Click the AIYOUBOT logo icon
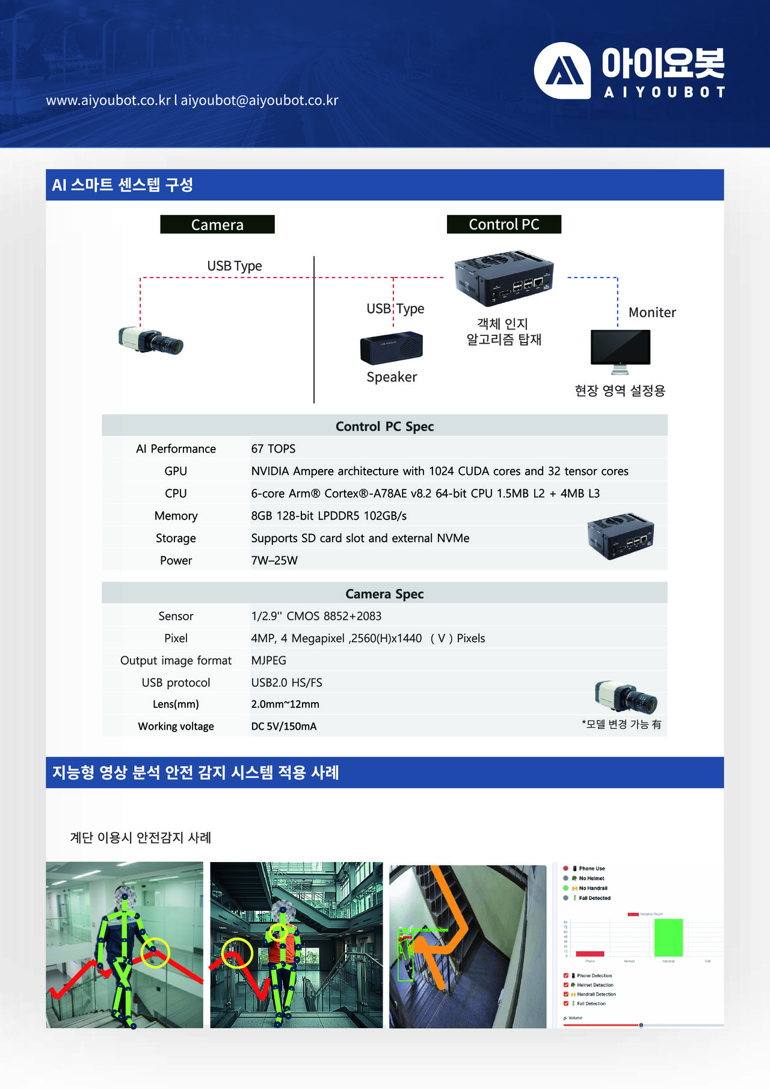coord(562,70)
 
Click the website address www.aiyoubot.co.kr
coord(108,100)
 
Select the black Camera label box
coord(217,225)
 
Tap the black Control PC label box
coord(504,225)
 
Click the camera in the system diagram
coord(151,341)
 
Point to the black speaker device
coord(392,347)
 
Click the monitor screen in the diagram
coord(620,347)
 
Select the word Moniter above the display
coord(652,312)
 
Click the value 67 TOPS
coord(273,448)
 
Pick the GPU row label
coord(176,471)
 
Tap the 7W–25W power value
coord(274,560)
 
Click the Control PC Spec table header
coord(384,426)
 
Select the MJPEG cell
coord(268,660)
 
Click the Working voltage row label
coord(176,726)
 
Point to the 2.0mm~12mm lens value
coord(285,704)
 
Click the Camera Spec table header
coord(384,594)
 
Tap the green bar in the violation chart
coord(668,937)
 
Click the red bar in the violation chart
coord(590,954)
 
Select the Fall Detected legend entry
coord(594,898)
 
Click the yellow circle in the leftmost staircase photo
coord(156,952)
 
